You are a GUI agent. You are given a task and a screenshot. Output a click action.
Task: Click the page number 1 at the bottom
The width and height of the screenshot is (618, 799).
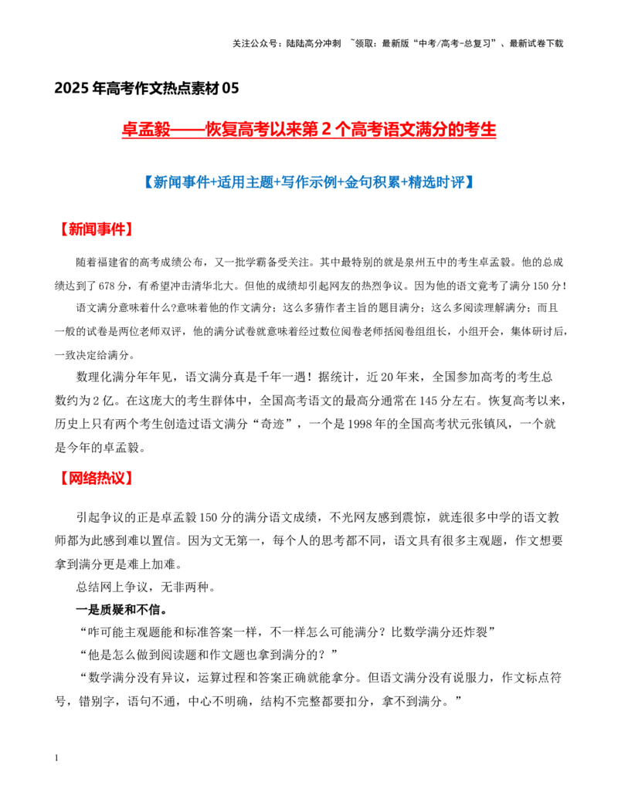point(56,758)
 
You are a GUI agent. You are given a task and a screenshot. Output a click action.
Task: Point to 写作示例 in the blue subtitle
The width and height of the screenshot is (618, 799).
point(309,182)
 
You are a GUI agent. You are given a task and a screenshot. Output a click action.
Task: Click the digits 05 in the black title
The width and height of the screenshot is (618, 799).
point(230,88)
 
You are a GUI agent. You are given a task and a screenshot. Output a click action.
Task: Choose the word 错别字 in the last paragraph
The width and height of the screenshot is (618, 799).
point(97,702)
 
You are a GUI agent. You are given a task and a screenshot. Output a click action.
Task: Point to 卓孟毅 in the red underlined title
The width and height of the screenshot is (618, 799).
point(146,130)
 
